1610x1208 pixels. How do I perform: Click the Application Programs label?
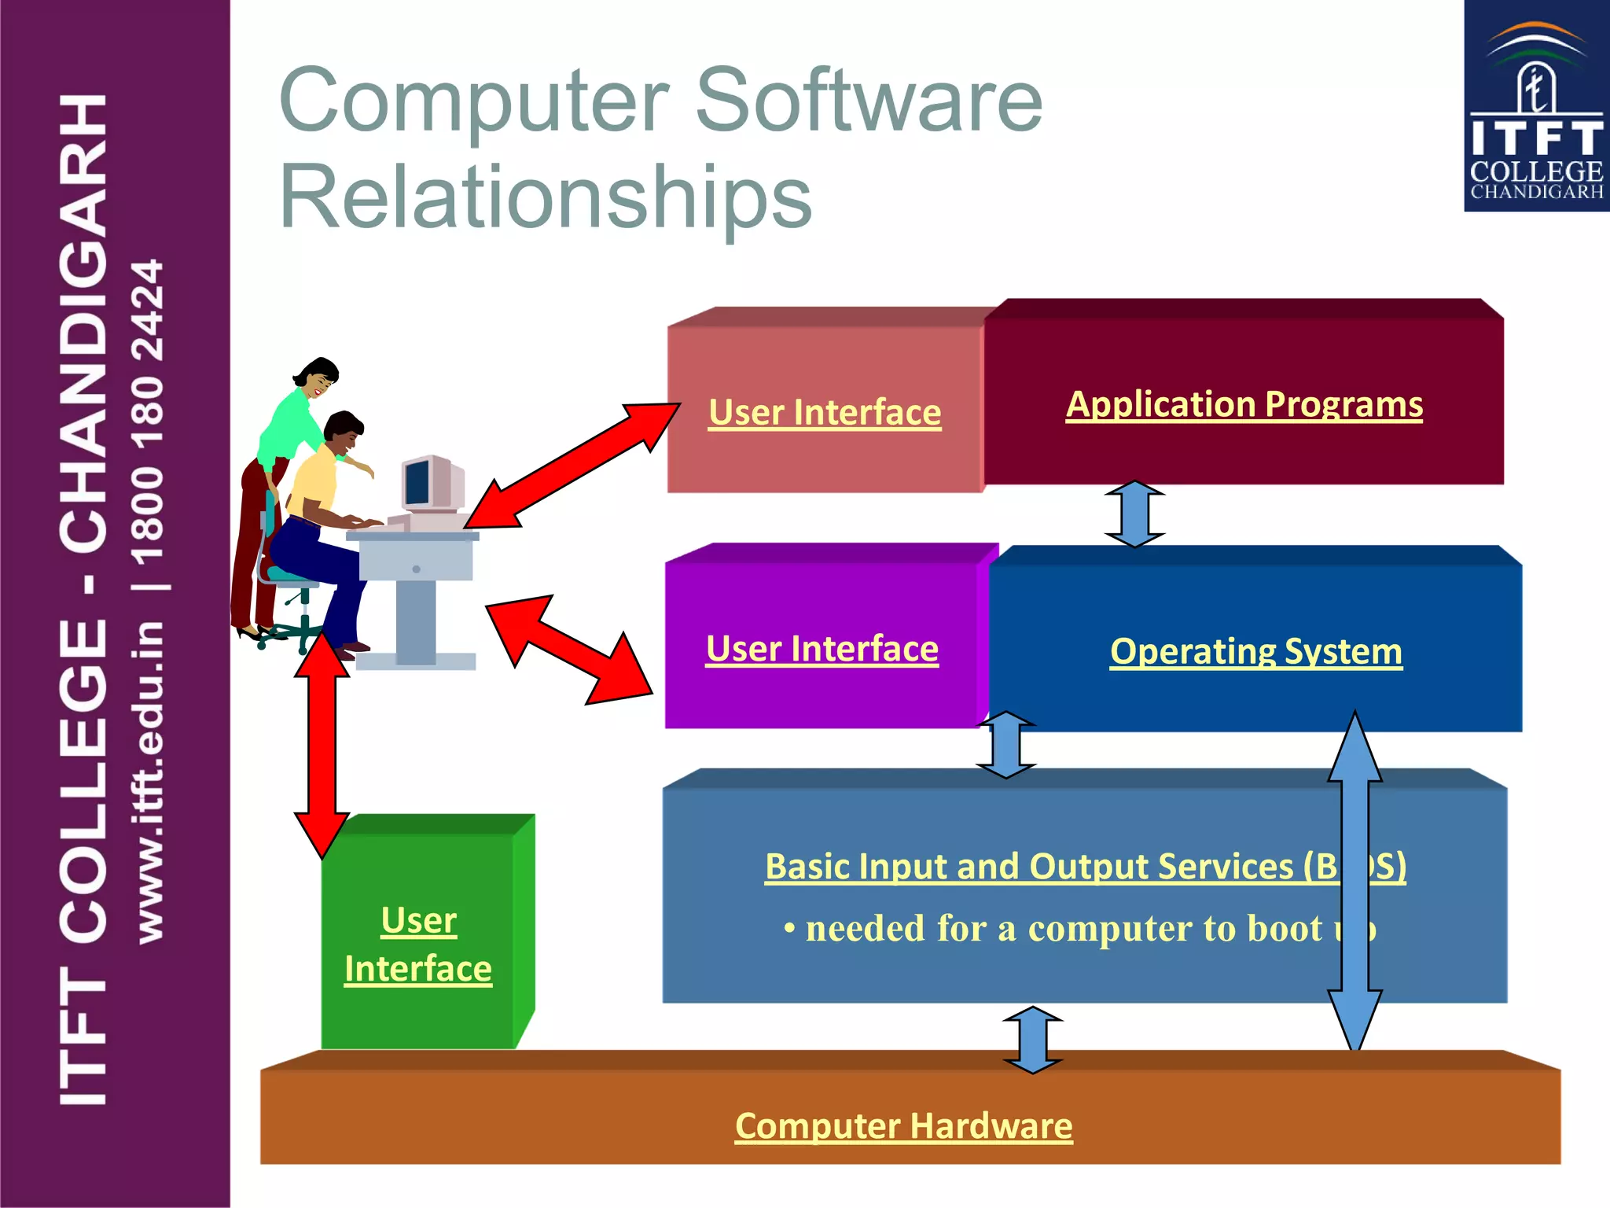pyautogui.click(x=1244, y=405)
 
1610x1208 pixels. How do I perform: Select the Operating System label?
pyautogui.click(x=1255, y=652)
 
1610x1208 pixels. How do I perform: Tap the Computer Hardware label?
pyautogui.click(x=903, y=1126)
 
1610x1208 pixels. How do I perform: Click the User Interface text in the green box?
pyautogui.click(x=418, y=945)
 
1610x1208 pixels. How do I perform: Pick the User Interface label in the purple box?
pyautogui.click(x=822, y=650)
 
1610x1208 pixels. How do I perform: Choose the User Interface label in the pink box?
pyautogui.click(x=825, y=413)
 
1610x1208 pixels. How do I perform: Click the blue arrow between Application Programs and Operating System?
pyautogui.click(x=1134, y=514)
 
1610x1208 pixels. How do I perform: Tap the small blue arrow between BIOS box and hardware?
pyautogui.click(x=1033, y=1040)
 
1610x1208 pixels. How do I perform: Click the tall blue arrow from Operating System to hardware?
pyautogui.click(x=1355, y=881)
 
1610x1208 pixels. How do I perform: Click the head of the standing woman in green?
pyautogui.click(x=318, y=377)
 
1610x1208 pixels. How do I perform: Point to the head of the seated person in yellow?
pyautogui.click(x=344, y=432)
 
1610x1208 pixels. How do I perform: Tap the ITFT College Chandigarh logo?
pyautogui.click(x=1536, y=107)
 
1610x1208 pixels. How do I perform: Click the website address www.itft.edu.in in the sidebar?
pyautogui.click(x=149, y=783)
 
